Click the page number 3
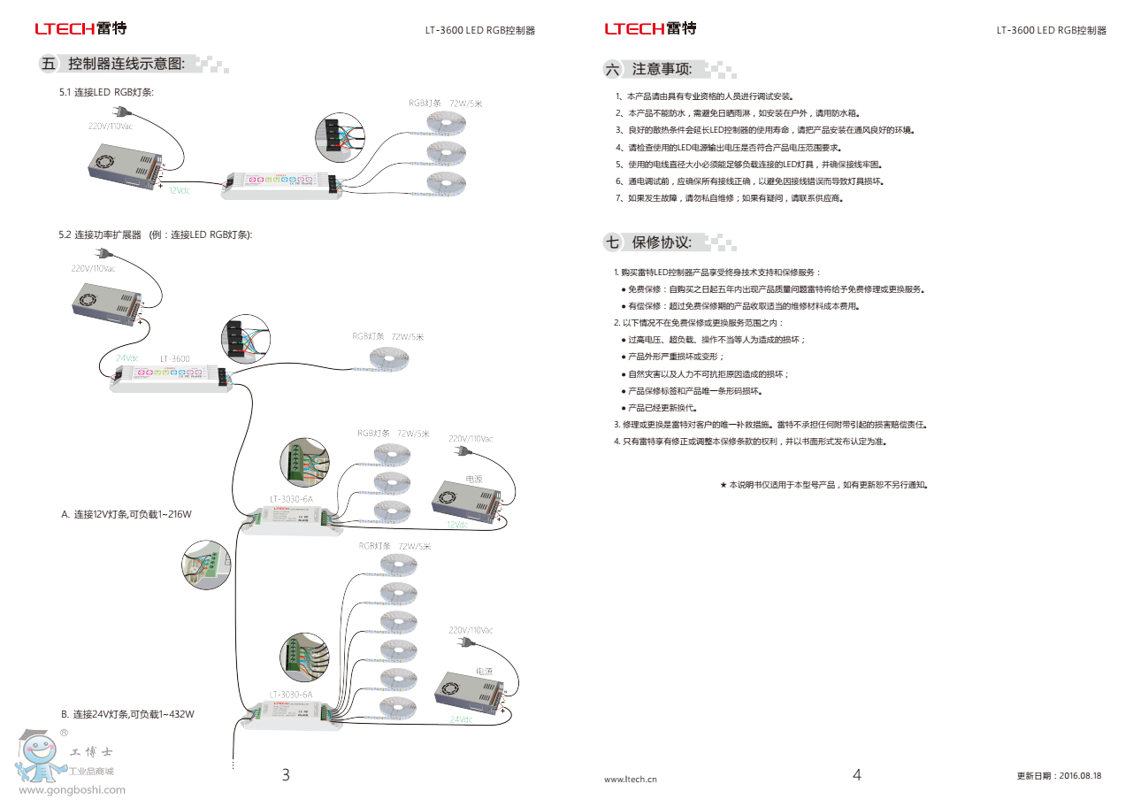coord(286,775)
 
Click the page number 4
coord(856,775)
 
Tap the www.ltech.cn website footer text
coord(630,780)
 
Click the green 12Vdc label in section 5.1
coord(179,190)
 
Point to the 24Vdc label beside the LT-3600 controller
coord(127,358)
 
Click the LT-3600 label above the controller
coord(174,359)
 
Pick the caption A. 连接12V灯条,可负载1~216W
coord(126,514)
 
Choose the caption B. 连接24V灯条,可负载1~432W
coord(127,714)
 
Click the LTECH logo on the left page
coord(80,29)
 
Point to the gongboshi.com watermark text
coord(72,790)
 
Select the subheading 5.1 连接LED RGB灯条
coord(106,93)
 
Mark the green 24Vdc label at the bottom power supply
coord(461,719)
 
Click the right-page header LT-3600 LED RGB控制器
coord(1051,30)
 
